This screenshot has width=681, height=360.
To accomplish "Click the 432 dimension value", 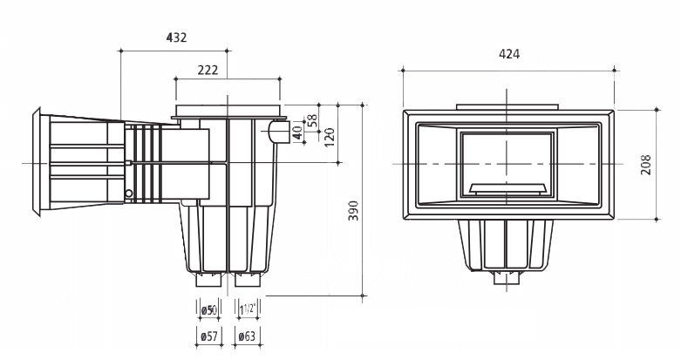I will pos(176,37).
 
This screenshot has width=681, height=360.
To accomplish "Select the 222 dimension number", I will pos(208,70).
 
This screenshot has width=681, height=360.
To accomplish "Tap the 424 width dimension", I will pos(508,54).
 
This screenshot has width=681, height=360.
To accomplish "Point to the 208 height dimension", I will pos(646,163).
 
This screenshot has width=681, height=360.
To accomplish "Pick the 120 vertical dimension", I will pos(329,137).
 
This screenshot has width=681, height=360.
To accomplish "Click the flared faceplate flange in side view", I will pos(37,163).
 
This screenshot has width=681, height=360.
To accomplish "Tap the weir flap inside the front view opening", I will pos(507,187).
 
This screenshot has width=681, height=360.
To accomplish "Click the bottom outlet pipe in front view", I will pos(507,279).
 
